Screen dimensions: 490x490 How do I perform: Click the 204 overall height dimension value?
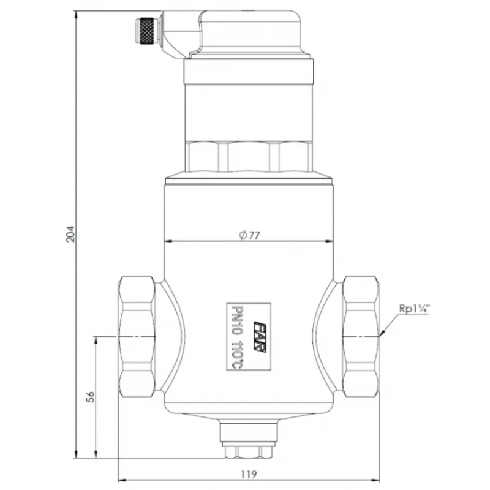click(70, 233)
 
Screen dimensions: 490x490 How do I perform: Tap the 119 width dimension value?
click(249, 473)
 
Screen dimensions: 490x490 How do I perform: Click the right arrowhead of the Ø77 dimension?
click(333, 241)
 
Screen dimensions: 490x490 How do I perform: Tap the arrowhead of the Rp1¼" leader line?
click(381, 335)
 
